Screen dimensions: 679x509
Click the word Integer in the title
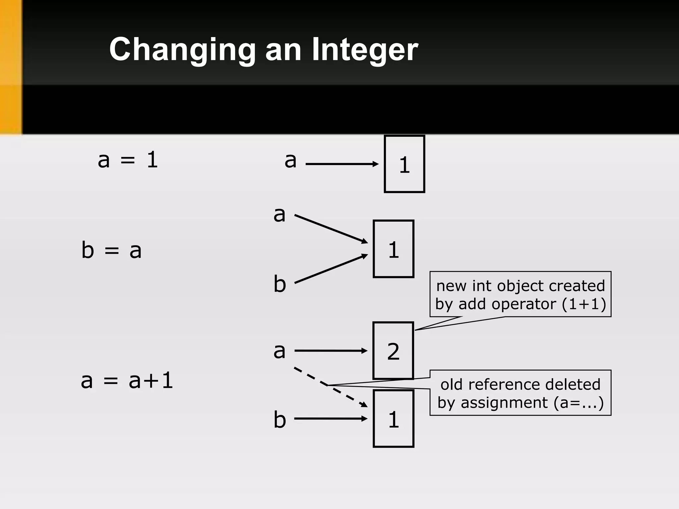[x=365, y=50]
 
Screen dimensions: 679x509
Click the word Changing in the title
[x=182, y=50]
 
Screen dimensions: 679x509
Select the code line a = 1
[x=128, y=160]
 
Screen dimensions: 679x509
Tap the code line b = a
[x=111, y=250]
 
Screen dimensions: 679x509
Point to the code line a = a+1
[x=127, y=380]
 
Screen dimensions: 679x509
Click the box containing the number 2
[x=394, y=351]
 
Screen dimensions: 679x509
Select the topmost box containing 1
[x=404, y=164]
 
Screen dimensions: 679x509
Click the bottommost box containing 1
[x=394, y=419]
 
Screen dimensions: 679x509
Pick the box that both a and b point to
[x=394, y=249]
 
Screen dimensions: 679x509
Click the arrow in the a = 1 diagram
[x=341, y=164]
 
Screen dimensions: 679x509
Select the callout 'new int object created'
[x=520, y=295]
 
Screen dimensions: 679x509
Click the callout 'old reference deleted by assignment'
[x=520, y=393]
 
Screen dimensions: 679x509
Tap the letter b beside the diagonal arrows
[x=279, y=284]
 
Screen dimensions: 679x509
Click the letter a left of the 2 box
[x=279, y=351]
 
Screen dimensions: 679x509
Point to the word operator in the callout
[x=524, y=304]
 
